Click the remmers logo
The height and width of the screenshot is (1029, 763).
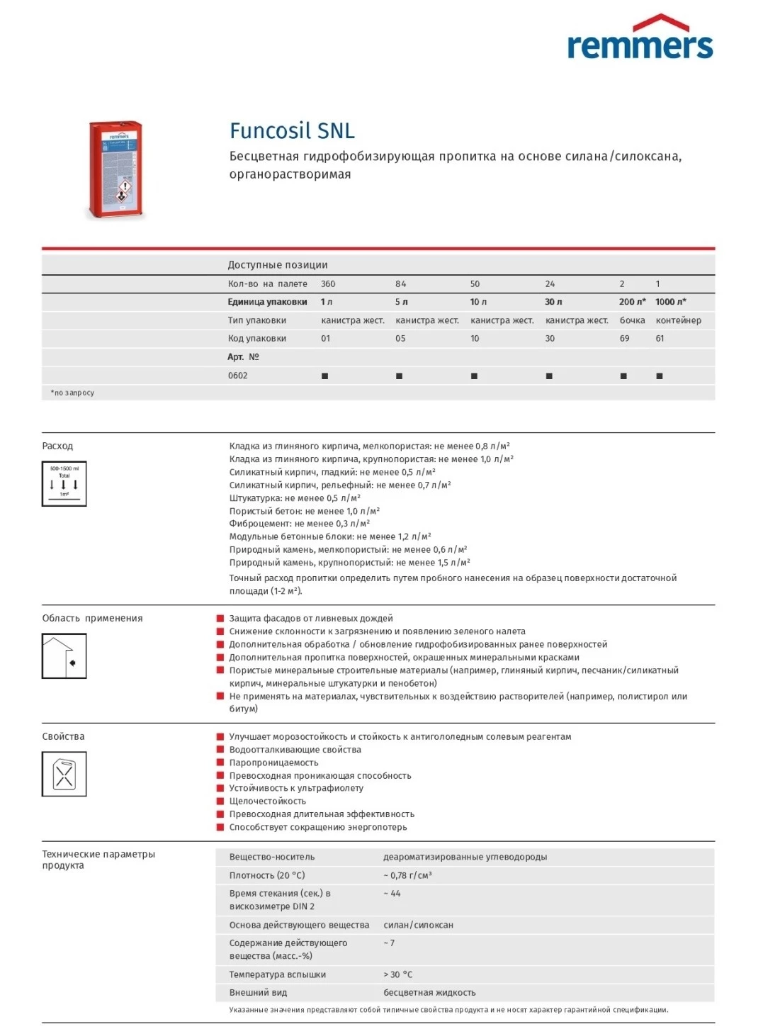click(640, 38)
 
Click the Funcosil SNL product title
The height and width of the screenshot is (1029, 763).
click(292, 131)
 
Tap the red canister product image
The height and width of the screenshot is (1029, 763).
click(116, 170)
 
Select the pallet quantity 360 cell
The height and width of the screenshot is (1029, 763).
click(328, 284)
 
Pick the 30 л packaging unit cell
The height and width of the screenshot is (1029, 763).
click(553, 302)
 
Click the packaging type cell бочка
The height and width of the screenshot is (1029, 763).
click(632, 320)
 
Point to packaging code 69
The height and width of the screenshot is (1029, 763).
click(624, 339)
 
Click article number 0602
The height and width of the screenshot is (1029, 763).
click(237, 376)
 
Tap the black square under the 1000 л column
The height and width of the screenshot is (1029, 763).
click(660, 376)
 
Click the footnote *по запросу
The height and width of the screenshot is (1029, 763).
click(72, 393)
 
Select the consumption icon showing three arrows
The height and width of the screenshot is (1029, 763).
click(64, 484)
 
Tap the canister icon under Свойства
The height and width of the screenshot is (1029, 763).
click(64, 774)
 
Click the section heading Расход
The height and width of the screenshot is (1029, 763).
click(57, 446)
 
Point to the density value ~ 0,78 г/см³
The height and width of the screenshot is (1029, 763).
click(407, 876)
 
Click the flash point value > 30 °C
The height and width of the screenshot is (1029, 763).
click(397, 975)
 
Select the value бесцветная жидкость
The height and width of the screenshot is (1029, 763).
click(429, 993)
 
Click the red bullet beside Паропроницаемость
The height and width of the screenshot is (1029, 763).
click(220, 763)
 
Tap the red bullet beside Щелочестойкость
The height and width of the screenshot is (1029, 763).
click(220, 801)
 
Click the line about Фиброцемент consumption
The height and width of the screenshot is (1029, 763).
click(299, 524)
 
